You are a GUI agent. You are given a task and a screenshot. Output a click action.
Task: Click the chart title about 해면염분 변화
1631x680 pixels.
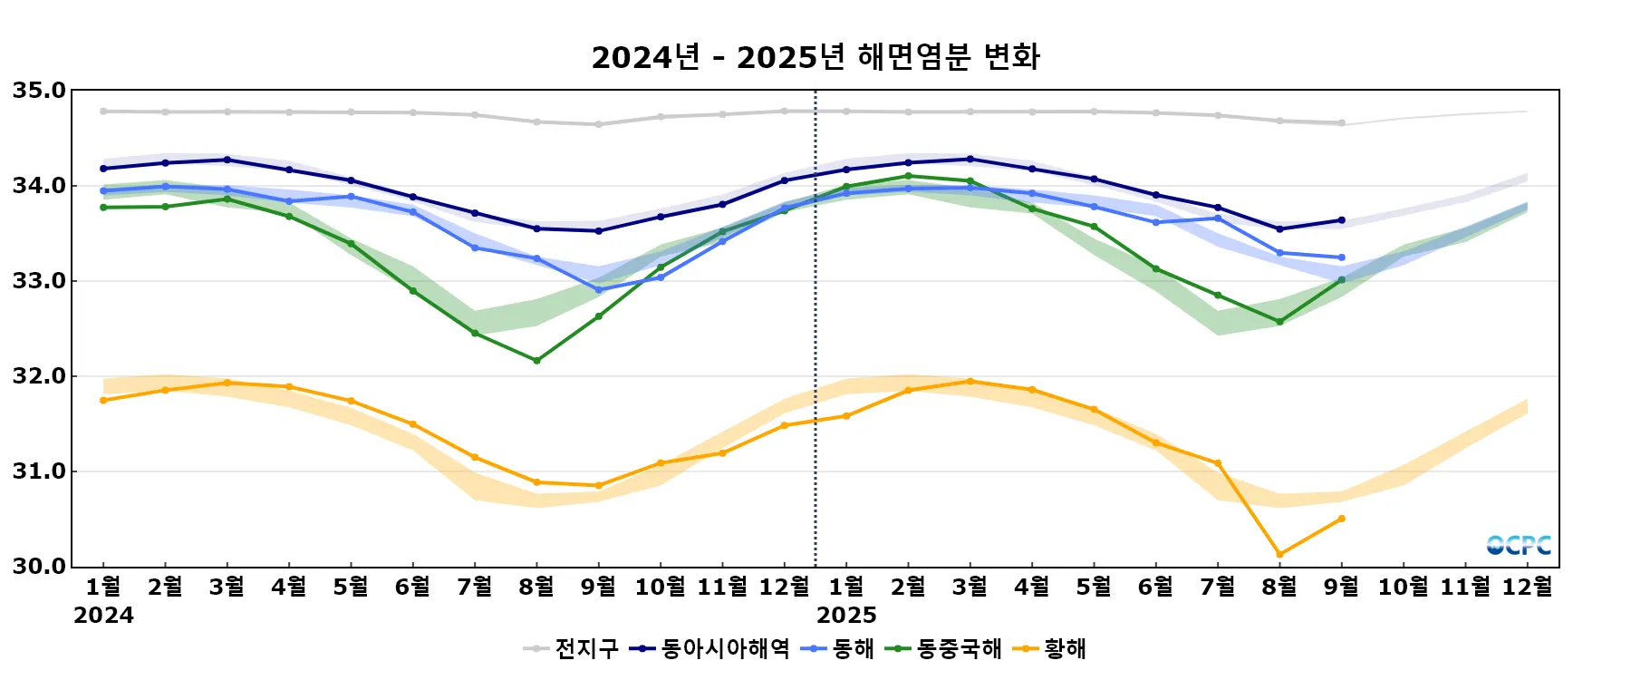tap(815, 57)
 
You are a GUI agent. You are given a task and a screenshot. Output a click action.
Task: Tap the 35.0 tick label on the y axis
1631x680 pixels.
tap(39, 91)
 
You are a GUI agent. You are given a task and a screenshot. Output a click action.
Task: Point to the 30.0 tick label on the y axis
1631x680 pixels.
tap(39, 567)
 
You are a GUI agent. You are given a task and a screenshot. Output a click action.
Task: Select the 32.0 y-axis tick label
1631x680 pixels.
tap(39, 376)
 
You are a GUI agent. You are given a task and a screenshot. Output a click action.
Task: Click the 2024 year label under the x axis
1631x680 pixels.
tap(103, 616)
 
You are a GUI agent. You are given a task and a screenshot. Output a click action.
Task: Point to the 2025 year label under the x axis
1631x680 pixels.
tap(846, 616)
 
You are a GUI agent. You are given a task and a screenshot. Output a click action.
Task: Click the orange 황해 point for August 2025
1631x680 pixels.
tap(1279, 554)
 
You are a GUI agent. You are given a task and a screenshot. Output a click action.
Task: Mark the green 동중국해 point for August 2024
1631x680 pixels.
tap(536, 361)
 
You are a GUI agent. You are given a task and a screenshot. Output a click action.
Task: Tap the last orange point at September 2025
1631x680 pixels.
tap(1342, 519)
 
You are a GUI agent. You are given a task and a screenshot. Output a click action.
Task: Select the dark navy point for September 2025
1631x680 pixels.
tap(1342, 220)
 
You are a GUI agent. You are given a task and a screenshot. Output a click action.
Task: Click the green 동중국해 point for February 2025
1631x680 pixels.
tap(908, 176)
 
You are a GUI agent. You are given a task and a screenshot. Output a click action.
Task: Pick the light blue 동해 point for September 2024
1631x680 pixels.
tap(598, 290)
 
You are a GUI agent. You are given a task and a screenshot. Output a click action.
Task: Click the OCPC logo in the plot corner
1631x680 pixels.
tap(1519, 545)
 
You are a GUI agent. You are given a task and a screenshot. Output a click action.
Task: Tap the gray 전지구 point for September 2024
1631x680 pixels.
tap(598, 124)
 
